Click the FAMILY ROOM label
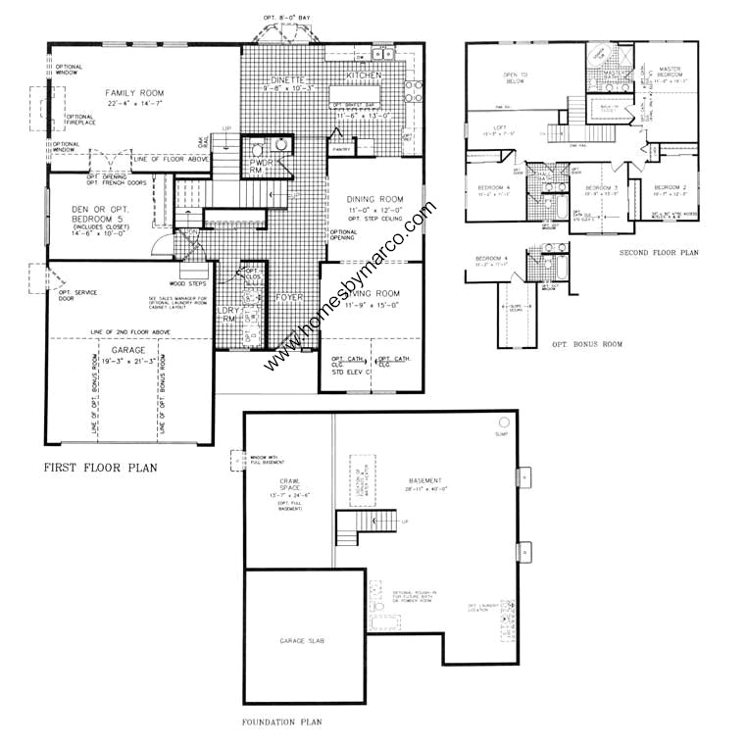pyautogui.click(x=133, y=93)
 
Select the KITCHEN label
pyautogui.click(x=363, y=75)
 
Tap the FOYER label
pyautogui.click(x=290, y=296)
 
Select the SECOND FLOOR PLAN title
pyautogui.click(x=658, y=252)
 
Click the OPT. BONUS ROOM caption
pyautogui.click(x=587, y=344)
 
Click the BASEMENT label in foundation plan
pyautogui.click(x=426, y=481)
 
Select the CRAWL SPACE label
pyautogui.click(x=295, y=481)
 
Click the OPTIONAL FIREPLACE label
pyautogui.click(x=80, y=121)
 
